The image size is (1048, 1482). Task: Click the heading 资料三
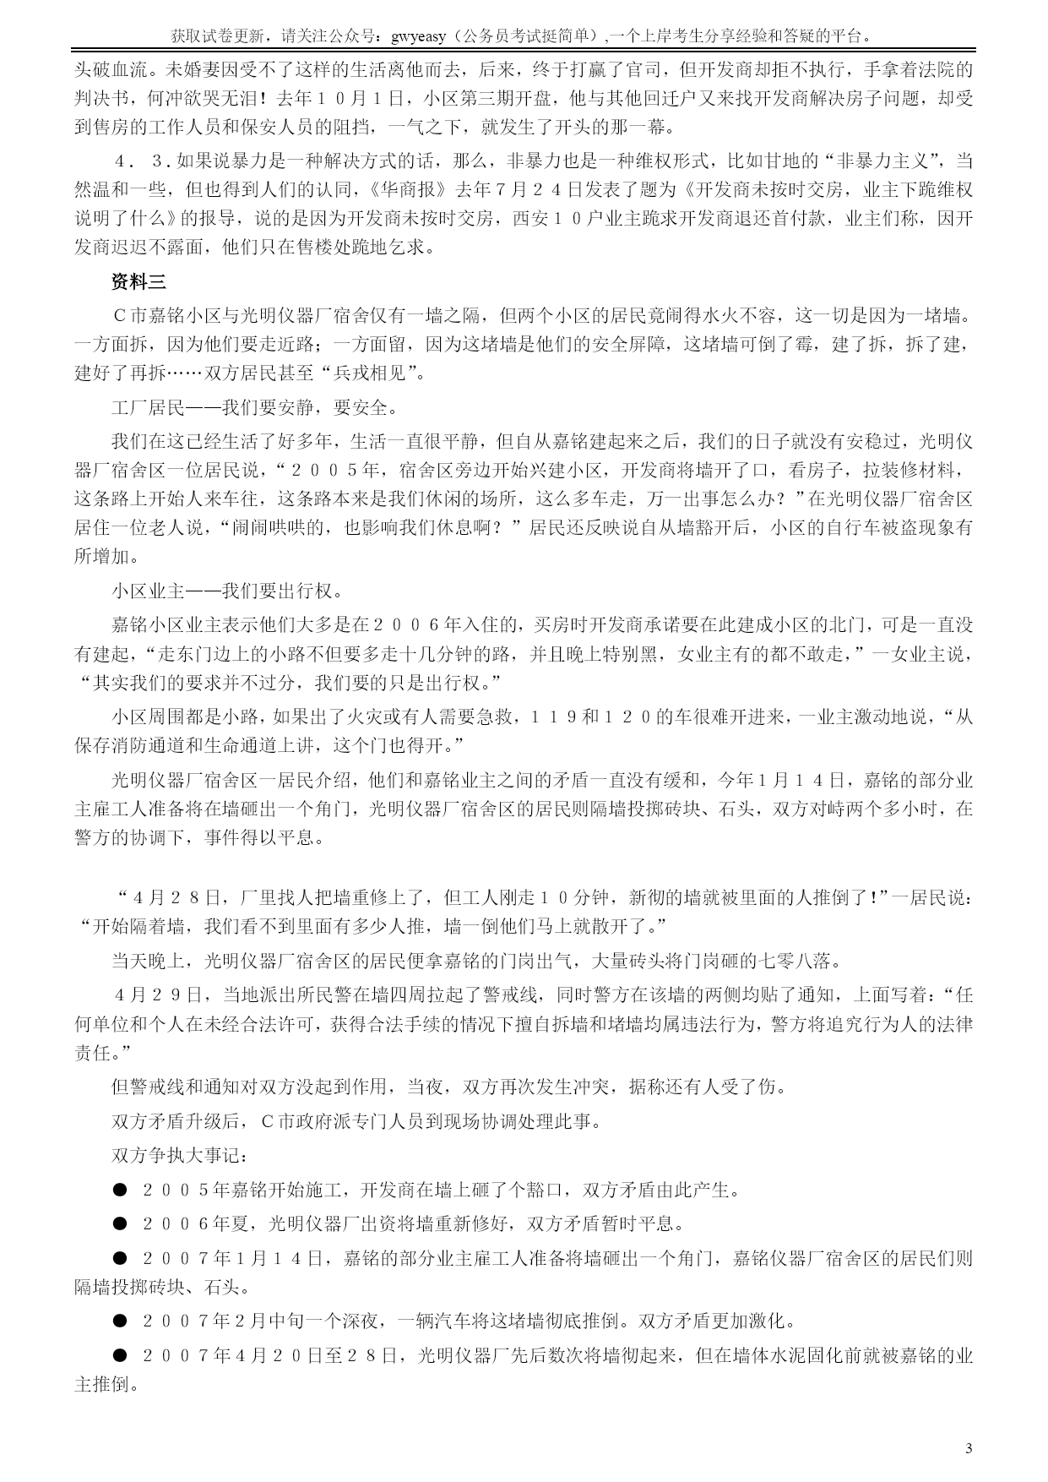(x=140, y=281)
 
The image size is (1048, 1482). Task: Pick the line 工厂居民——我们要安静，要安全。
(x=253, y=408)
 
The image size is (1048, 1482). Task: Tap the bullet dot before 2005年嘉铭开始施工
(x=120, y=1191)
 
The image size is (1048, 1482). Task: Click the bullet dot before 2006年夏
(x=120, y=1223)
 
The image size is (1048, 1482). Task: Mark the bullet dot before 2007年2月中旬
(x=120, y=1321)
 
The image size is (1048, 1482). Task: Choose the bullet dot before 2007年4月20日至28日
(x=120, y=1355)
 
